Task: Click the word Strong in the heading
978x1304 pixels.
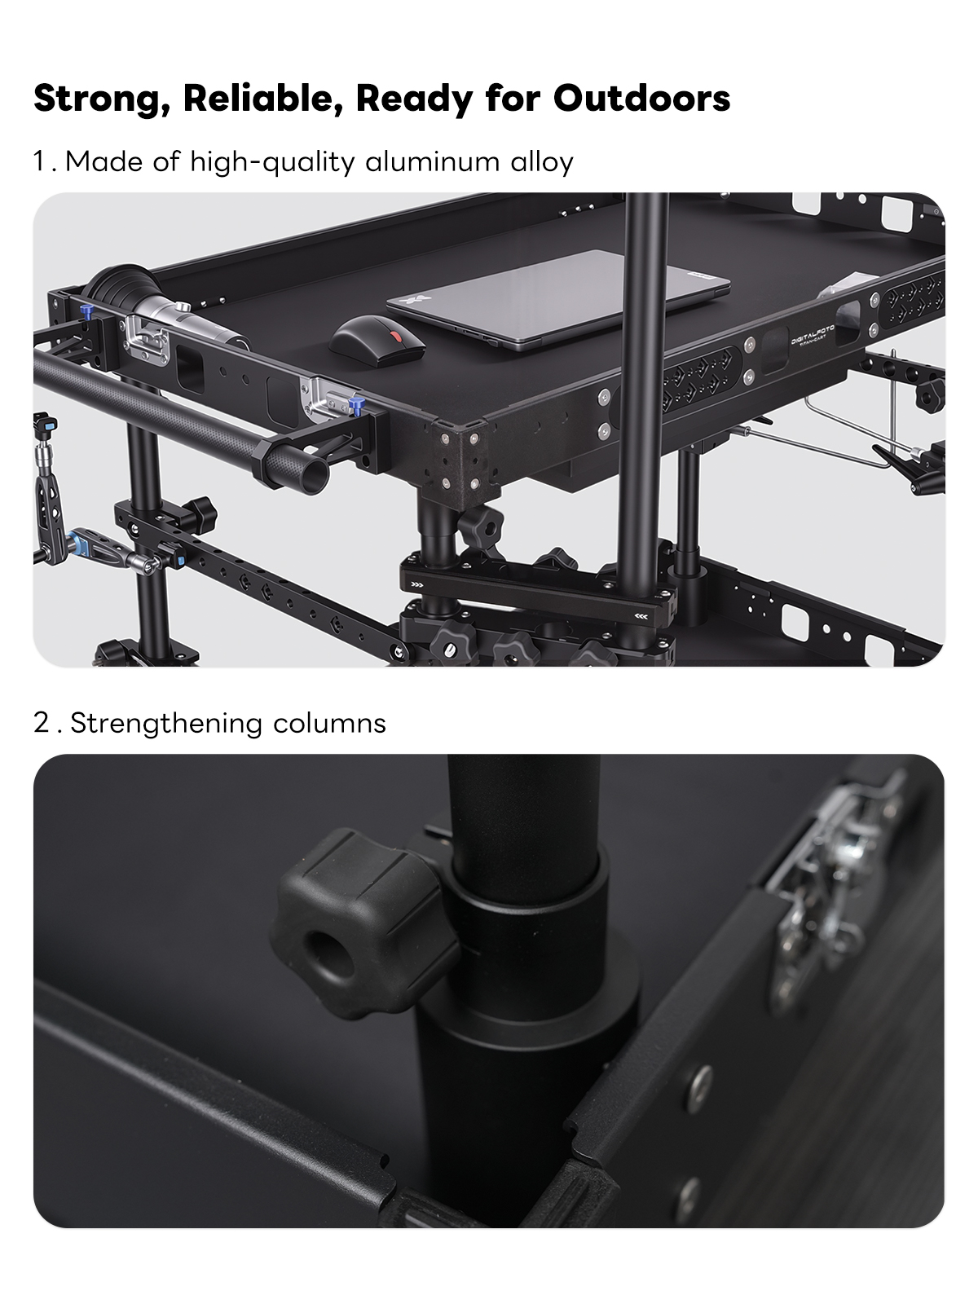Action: pyautogui.click(x=101, y=98)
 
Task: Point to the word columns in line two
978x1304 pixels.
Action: pyautogui.click(x=329, y=723)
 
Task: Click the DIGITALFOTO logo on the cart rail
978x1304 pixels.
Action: pyautogui.click(x=813, y=336)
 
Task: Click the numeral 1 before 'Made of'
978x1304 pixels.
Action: pyautogui.click(x=41, y=161)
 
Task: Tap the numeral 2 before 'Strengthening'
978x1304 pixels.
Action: pyautogui.click(x=42, y=722)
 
